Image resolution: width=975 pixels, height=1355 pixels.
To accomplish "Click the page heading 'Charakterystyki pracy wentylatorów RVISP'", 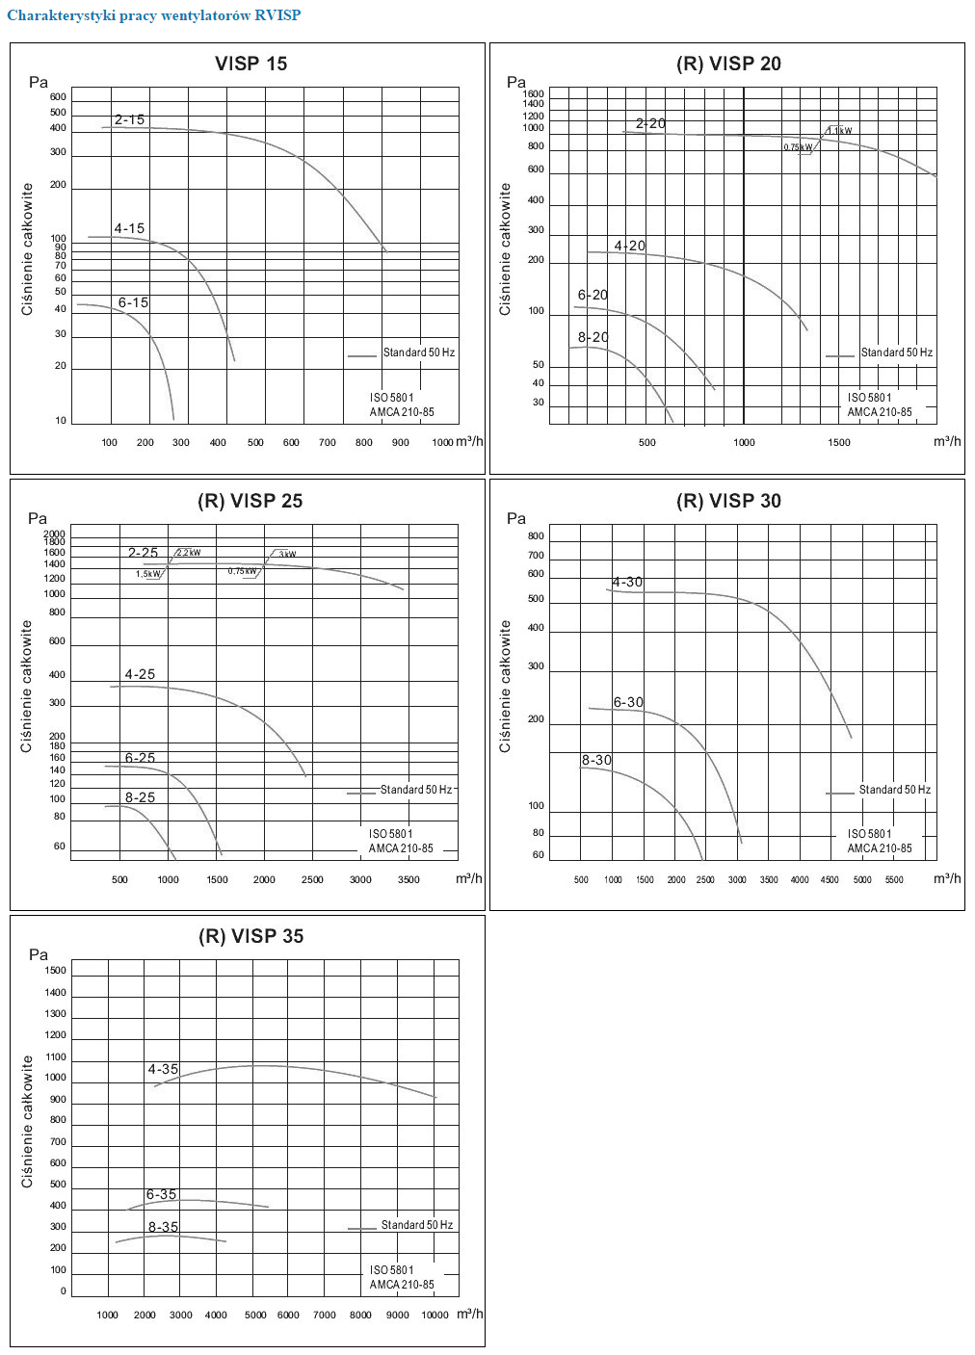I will click(x=154, y=15).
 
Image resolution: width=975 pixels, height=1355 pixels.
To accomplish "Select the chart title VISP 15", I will click(x=250, y=64).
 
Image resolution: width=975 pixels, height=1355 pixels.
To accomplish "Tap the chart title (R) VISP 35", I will click(x=250, y=936).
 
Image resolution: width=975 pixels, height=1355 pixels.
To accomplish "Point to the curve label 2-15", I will click(x=129, y=119).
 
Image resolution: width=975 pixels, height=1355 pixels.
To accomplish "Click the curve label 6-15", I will click(x=133, y=302).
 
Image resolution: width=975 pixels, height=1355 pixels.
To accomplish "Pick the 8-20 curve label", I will click(x=593, y=337).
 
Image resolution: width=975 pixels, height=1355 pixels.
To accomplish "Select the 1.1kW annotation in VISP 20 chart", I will click(x=839, y=131).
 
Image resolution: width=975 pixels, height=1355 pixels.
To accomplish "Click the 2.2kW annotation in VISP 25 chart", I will click(x=188, y=553).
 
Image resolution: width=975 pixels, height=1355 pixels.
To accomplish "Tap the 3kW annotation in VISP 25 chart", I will click(x=287, y=554).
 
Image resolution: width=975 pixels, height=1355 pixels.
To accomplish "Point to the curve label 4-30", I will click(x=627, y=582).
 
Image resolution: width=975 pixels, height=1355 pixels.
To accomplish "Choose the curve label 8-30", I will click(x=596, y=760).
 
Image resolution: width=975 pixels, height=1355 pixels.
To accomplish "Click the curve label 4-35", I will click(x=163, y=1069).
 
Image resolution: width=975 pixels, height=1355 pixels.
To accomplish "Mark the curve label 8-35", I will click(x=163, y=1227).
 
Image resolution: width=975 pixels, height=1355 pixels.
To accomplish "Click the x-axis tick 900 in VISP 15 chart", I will click(x=401, y=443).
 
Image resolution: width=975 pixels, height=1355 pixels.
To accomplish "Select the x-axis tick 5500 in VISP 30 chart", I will click(x=894, y=879).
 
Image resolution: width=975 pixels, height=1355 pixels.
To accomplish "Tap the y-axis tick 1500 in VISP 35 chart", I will click(x=56, y=970).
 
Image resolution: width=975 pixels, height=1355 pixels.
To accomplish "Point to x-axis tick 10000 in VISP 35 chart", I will click(x=435, y=1315).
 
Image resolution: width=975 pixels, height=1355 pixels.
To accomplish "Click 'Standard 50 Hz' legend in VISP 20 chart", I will click(x=896, y=352).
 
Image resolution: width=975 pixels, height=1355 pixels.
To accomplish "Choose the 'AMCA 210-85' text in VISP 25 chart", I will click(x=401, y=848).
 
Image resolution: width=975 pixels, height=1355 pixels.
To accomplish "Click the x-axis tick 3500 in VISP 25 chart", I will click(x=408, y=879).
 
